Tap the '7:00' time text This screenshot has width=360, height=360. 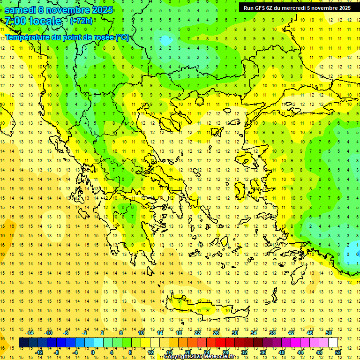pyautogui.click(x=15, y=21)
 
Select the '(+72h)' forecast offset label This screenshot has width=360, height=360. pyautogui.click(x=81, y=21)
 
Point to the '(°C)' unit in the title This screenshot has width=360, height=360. pyautogui.click(x=123, y=37)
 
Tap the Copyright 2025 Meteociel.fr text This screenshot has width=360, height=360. pyautogui.click(x=199, y=357)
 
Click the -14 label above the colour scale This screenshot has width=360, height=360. pyautogui.click(x=30, y=333)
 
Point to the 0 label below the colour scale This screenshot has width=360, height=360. pyautogui.click(x=92, y=352)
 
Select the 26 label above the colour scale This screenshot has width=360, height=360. pyautogui.click(x=216, y=333)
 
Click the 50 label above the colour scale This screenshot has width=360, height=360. pyautogui.click(x=328, y=333)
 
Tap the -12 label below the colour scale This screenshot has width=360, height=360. pyautogui.click(x=39, y=352)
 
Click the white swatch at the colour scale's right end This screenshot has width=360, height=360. pyautogui.click(x=333, y=343)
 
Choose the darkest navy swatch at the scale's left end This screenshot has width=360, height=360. pyautogui.click(x=23, y=343)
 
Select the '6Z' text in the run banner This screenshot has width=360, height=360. pyautogui.click(x=270, y=8)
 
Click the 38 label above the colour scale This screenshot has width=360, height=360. pyautogui.click(x=272, y=333)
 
